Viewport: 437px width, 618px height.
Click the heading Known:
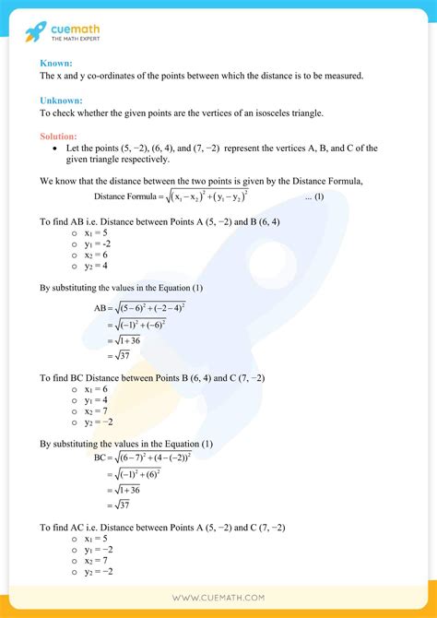pyautogui.click(x=56, y=62)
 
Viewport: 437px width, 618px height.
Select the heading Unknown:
pyautogui.click(x=61, y=100)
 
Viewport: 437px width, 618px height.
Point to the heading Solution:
pyautogui.click(x=60, y=137)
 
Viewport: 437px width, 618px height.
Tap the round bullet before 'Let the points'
pyautogui.click(x=57, y=148)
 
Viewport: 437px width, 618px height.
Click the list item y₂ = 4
pyautogui.click(x=97, y=266)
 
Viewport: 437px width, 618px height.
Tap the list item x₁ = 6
pyautogui.click(x=97, y=389)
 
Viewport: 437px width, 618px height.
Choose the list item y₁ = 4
pyautogui.click(x=97, y=401)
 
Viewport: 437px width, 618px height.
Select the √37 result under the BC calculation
pyautogui.click(x=120, y=505)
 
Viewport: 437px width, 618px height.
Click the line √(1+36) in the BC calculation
pyautogui.click(x=127, y=490)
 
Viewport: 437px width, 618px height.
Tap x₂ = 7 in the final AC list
pyautogui.click(x=97, y=561)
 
